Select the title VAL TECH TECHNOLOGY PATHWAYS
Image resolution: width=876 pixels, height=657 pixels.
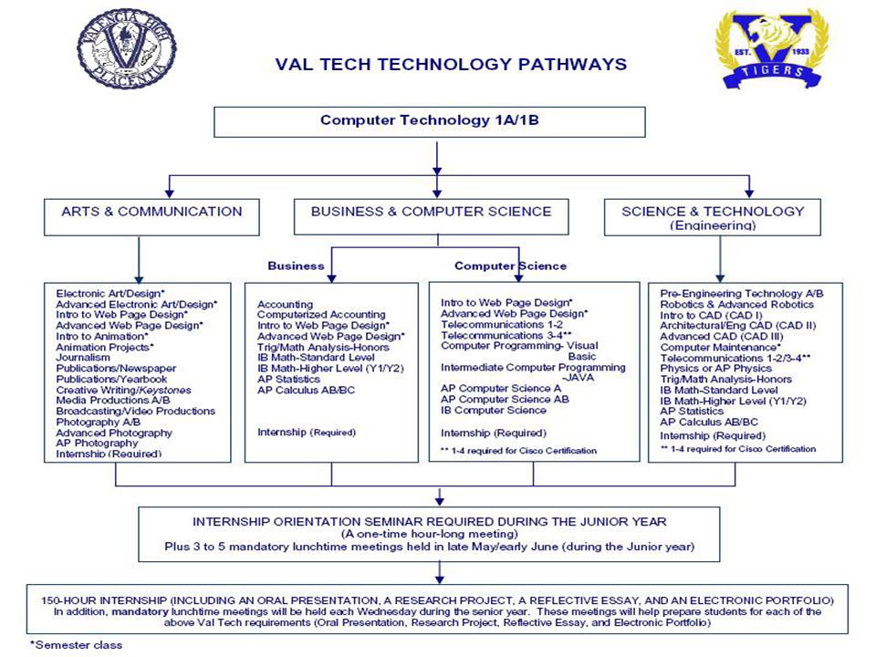pyautogui.click(x=451, y=64)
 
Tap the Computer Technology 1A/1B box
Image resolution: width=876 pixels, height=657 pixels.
pyautogui.click(x=430, y=120)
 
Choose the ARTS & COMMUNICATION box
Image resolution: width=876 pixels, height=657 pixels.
pyautogui.click(x=151, y=212)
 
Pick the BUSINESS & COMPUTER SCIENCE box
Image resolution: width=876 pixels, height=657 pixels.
pyautogui.click(x=431, y=212)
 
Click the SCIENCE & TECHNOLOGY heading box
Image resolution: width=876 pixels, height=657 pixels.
pyautogui.click(x=725, y=216)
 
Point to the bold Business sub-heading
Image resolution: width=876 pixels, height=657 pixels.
pyautogui.click(x=296, y=266)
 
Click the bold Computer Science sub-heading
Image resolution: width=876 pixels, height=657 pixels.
pyautogui.click(x=510, y=266)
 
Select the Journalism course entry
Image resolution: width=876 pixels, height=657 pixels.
pyautogui.click(x=83, y=358)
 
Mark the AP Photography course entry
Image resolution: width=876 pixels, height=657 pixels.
pyautogui.click(x=96, y=443)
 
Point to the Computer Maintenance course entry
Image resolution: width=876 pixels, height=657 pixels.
pyautogui.click(x=721, y=347)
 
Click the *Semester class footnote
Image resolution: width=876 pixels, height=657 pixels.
pyautogui.click(x=76, y=644)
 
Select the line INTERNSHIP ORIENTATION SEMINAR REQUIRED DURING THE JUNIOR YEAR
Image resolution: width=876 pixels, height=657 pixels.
pyautogui.click(x=430, y=521)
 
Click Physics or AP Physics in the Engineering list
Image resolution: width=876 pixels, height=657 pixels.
pyautogui.click(x=715, y=369)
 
